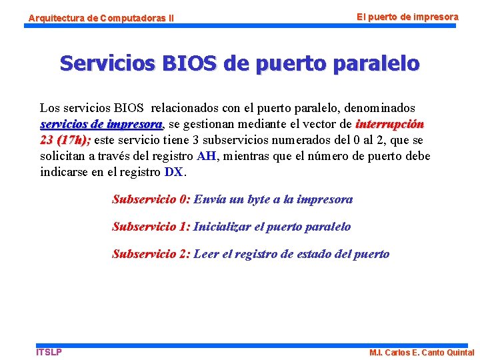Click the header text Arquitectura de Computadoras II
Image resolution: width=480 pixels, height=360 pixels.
(100, 19)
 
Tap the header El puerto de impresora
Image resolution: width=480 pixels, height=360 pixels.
(407, 16)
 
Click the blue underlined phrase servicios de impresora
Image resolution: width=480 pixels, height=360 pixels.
(101, 124)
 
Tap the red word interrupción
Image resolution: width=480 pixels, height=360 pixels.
(390, 124)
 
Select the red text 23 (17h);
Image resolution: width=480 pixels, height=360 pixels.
(65, 140)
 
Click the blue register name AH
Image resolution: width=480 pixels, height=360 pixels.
(206, 156)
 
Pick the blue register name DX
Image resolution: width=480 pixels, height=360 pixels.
(174, 172)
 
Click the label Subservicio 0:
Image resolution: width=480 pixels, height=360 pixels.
(151, 199)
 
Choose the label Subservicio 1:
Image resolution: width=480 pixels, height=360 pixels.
(151, 227)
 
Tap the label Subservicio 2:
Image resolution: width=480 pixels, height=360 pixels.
(151, 254)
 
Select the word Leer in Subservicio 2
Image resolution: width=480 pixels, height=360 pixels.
(206, 254)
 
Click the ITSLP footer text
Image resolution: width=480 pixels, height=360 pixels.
(49, 352)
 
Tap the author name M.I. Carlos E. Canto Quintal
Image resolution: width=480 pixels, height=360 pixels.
(422, 353)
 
